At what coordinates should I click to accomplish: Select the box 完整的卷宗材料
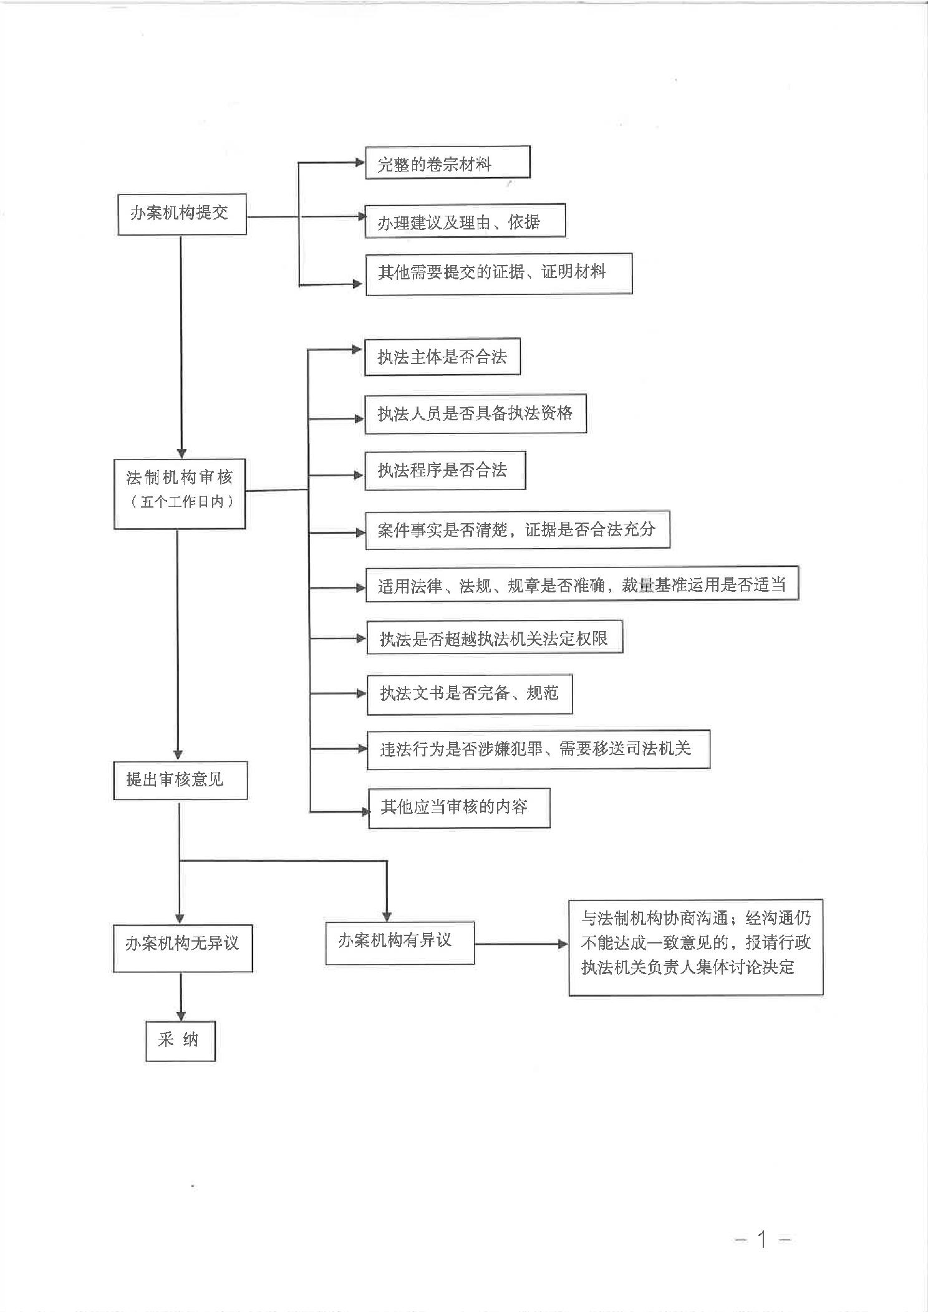tap(447, 163)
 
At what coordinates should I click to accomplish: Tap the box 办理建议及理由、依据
tap(465, 221)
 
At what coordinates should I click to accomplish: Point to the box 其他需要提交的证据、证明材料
tap(498, 274)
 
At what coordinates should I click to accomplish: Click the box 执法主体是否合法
tap(442, 357)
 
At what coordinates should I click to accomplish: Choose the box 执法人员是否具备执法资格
tap(475, 413)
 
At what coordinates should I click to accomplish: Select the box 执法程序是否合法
tap(445, 471)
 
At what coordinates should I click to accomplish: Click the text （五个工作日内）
tap(180, 502)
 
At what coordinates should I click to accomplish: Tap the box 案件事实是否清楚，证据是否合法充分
tap(517, 530)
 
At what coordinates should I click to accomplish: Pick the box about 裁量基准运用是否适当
tap(581, 584)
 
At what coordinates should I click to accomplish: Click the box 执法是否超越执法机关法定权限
tap(495, 637)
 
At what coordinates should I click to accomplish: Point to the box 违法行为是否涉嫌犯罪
tap(538, 749)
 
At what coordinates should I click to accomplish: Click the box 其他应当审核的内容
tap(459, 808)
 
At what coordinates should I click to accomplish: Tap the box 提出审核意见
tap(180, 780)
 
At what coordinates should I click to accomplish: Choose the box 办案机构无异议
tap(183, 948)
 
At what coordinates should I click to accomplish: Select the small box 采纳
tap(180, 1041)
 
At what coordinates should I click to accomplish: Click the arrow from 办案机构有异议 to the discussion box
tap(521, 944)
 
